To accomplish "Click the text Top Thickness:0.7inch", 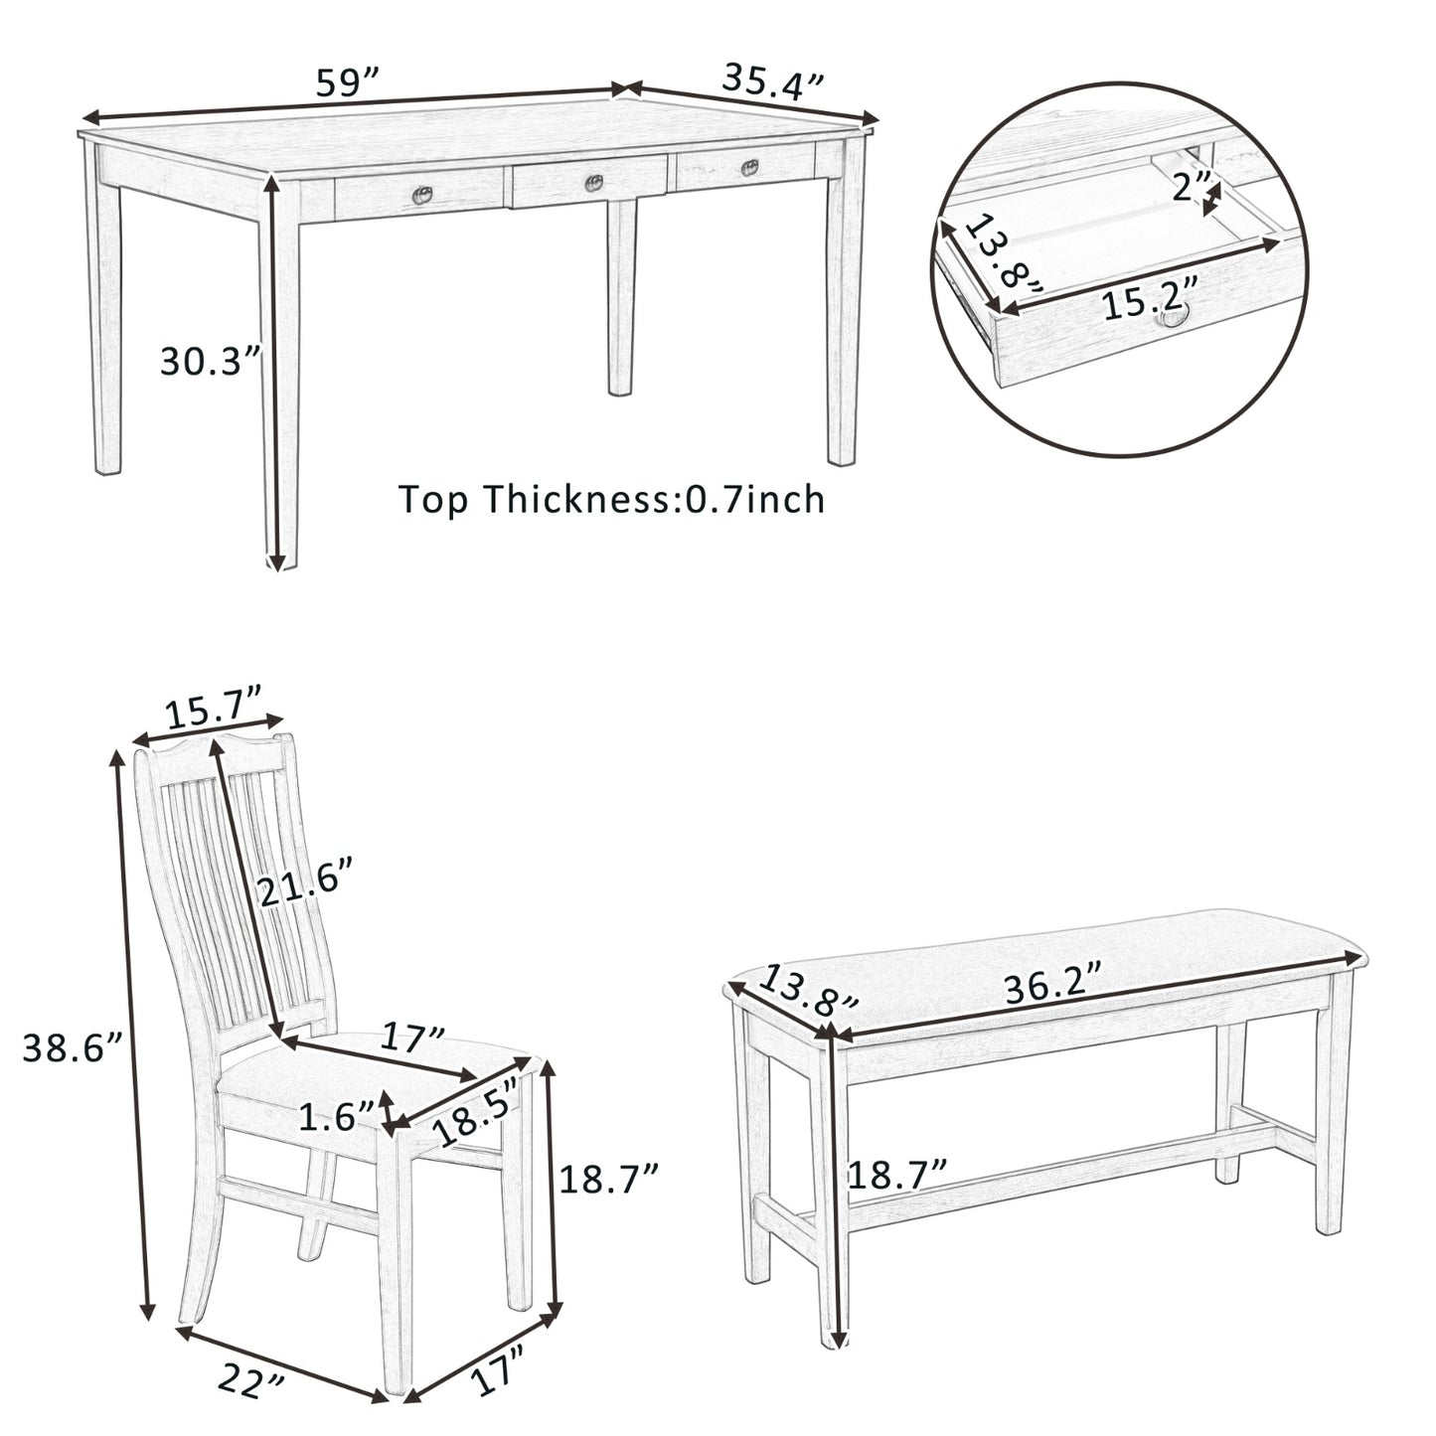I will click(611, 499).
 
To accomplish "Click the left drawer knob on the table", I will click(422, 196).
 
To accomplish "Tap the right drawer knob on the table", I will click(750, 168).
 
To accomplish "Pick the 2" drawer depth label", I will click(1191, 188).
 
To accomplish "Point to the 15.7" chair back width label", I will click(213, 713).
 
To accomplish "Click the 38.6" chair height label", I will click(72, 1047).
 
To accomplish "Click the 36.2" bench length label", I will click(1052, 988).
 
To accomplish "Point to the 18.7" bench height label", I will click(896, 1176).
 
